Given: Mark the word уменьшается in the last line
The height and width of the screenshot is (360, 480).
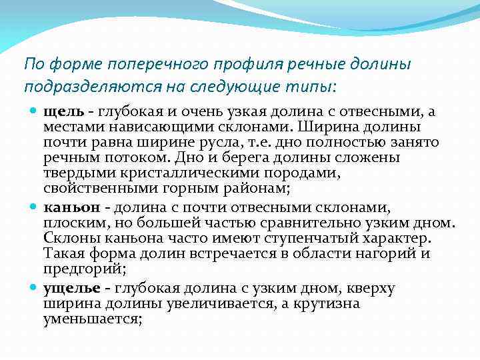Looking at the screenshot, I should pos(91,319).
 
